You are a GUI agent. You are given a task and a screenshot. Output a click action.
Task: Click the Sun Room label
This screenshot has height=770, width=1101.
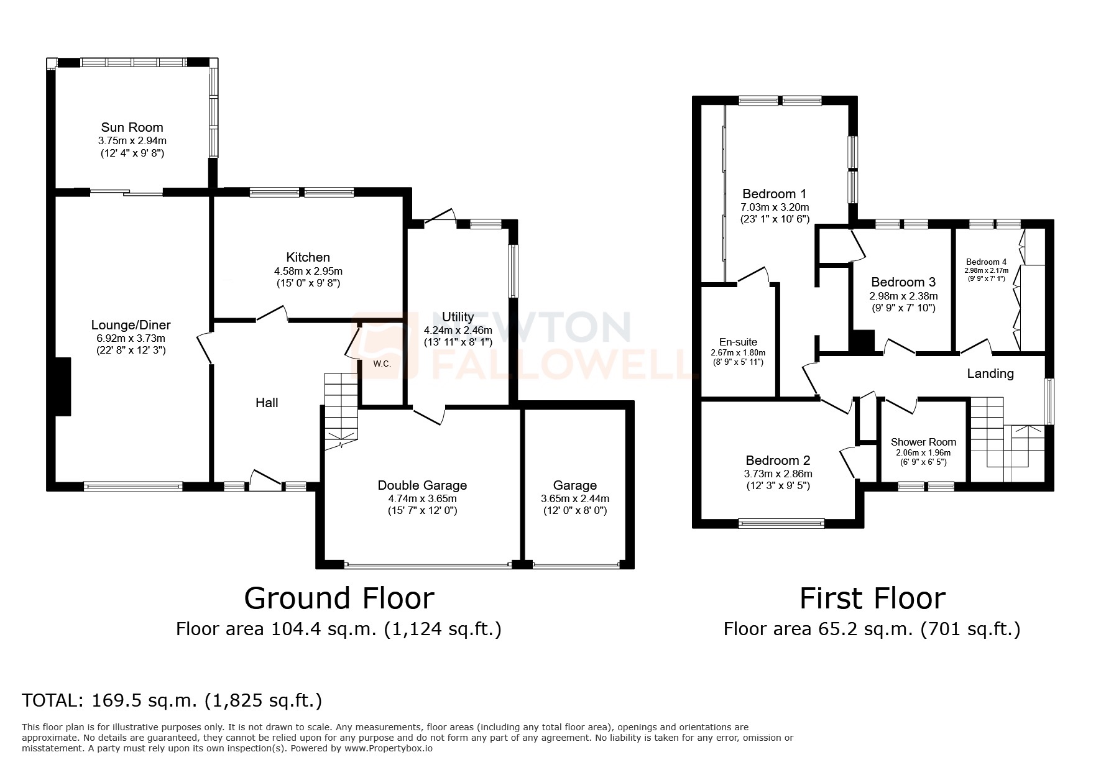[x=132, y=127]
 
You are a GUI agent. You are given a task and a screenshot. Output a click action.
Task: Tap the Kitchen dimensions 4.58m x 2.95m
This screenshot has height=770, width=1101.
[x=308, y=271]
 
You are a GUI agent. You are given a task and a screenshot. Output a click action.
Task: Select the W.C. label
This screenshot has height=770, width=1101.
[x=382, y=364]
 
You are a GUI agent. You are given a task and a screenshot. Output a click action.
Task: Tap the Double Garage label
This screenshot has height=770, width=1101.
[x=422, y=485]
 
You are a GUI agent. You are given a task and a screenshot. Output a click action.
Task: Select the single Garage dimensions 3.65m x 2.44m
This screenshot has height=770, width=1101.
[x=574, y=498]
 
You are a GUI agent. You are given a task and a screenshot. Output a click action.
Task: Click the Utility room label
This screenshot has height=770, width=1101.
[x=458, y=318]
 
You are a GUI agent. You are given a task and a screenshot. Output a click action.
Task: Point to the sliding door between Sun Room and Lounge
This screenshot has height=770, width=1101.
[x=127, y=192]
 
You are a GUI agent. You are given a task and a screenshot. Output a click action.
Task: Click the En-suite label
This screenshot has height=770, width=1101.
[x=738, y=342]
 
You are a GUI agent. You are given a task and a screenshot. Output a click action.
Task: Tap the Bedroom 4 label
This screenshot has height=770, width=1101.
[x=986, y=262]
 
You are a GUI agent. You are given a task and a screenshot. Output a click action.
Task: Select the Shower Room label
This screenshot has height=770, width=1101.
[x=923, y=442]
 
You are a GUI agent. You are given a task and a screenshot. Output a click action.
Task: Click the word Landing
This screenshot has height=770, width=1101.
[x=990, y=374]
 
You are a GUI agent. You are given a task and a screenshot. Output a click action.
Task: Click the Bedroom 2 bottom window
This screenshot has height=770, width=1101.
[x=781, y=523]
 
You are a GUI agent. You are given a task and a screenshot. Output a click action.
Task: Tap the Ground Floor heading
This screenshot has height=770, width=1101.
[x=339, y=598]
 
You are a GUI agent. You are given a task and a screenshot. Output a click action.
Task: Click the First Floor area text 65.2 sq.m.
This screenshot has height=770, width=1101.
[x=871, y=629]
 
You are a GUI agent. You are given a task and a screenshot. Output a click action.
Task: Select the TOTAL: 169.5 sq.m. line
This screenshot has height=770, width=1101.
[x=172, y=700]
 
